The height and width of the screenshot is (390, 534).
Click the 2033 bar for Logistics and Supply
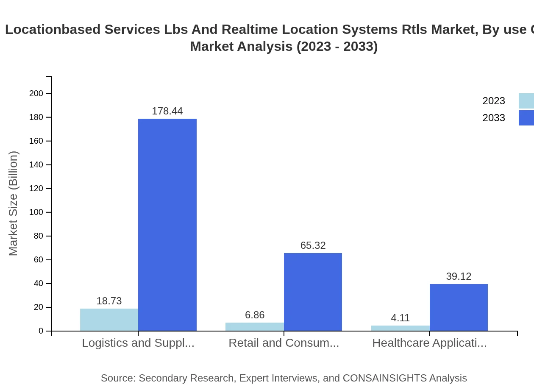pos(167,225)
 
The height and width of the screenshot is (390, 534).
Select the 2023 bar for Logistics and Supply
pos(109,320)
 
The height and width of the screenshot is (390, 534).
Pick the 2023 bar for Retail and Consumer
pos(254,326)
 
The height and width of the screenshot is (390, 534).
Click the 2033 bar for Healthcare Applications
pos(459,307)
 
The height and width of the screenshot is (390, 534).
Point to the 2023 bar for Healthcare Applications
pos(400,328)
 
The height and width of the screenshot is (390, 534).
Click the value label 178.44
pos(167,111)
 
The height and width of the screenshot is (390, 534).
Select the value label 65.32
pos(313,245)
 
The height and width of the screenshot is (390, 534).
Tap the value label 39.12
pos(459,276)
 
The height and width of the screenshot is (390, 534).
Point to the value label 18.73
pos(109,301)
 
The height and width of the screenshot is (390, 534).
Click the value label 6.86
pos(254,315)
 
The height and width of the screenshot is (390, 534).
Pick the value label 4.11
pos(400,318)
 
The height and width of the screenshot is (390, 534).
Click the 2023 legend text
pos(494,101)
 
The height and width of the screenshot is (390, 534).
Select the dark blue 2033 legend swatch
pos(526,118)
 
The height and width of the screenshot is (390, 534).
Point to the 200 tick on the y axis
pos(36,93)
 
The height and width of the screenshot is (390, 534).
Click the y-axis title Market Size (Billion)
pos(13,203)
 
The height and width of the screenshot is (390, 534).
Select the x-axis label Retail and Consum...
pos(284,343)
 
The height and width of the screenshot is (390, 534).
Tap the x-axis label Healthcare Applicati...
pos(429,343)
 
